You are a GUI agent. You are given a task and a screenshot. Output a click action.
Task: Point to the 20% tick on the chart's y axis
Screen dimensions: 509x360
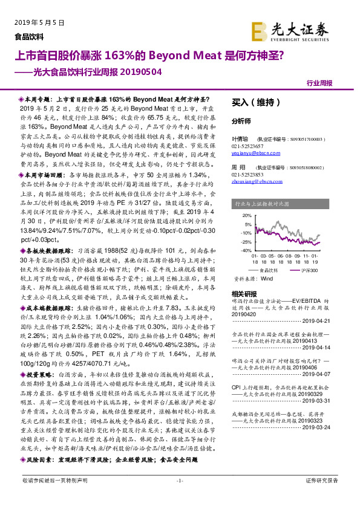click(246, 215)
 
